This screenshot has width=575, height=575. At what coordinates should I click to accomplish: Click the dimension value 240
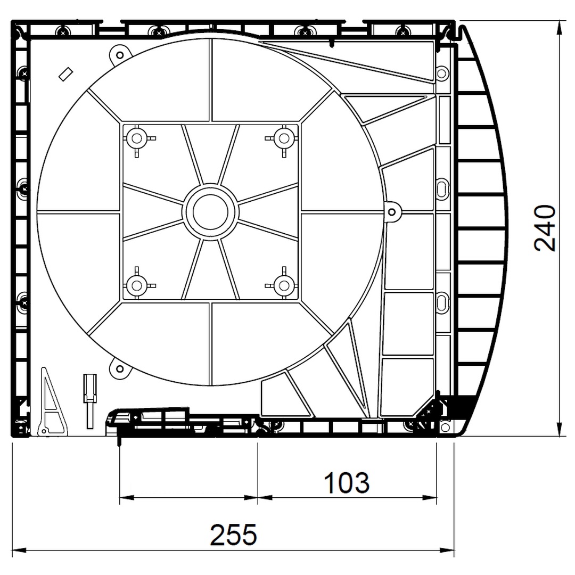pos(545,228)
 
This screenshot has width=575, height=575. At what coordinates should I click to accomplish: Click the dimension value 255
pos(233,535)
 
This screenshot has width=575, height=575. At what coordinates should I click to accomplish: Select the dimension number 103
pos(347,482)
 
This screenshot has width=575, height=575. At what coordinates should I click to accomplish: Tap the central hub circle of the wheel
pos(210,212)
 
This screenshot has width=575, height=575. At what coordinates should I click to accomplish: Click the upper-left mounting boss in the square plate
pos(137,138)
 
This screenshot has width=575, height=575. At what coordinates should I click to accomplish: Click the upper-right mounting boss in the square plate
pos(284,138)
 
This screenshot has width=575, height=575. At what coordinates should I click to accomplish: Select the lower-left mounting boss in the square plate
pos(137,285)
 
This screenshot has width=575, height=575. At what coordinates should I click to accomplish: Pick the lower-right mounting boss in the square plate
pos(284,285)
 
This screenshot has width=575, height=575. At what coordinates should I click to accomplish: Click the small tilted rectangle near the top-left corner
pos(66,74)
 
